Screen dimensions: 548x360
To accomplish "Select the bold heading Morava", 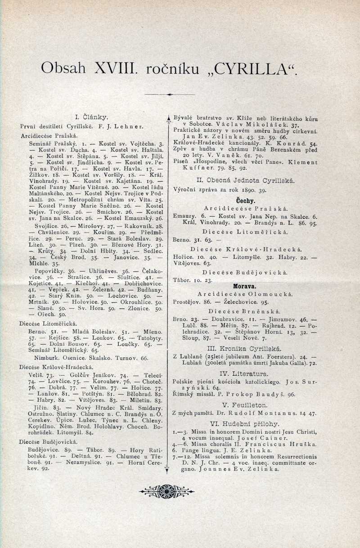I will [x=245, y=286].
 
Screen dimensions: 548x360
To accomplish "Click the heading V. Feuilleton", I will [x=245, y=405].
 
